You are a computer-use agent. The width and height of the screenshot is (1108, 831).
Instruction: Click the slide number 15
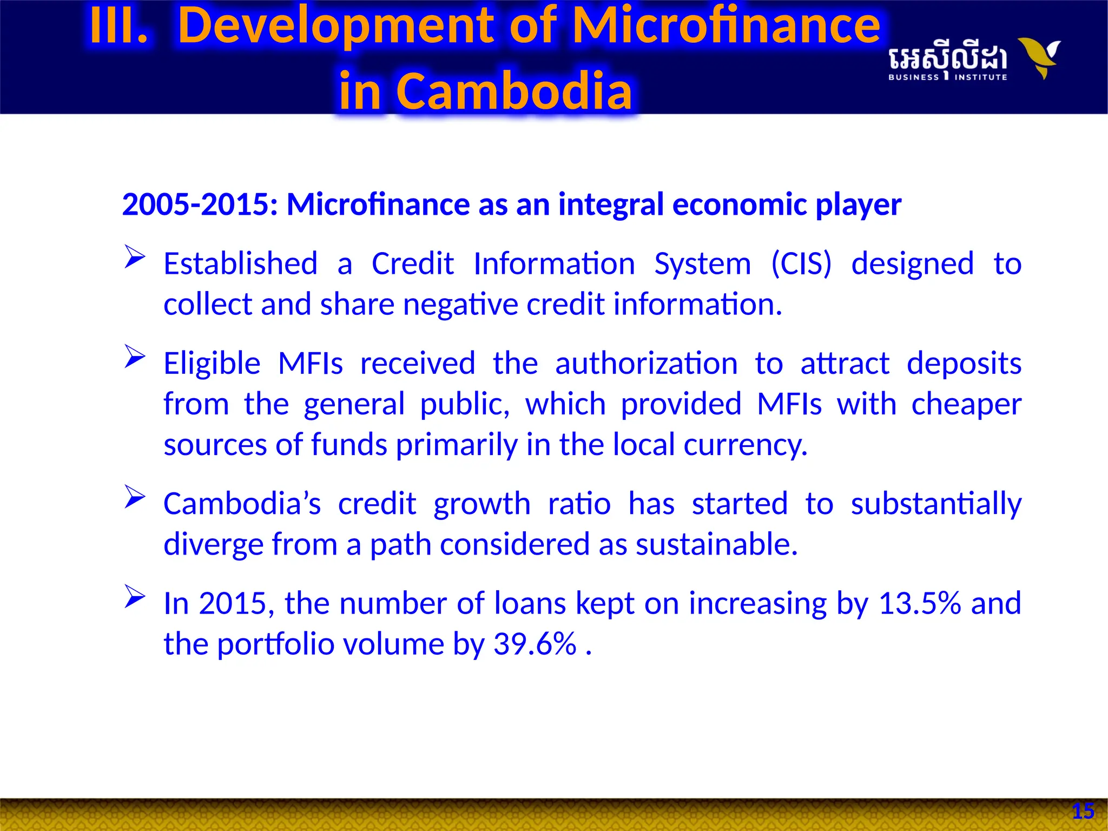click(x=1083, y=811)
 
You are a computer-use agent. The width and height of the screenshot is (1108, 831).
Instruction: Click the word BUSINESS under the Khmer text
click(x=913, y=77)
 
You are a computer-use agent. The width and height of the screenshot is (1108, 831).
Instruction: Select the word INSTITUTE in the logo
click(x=980, y=77)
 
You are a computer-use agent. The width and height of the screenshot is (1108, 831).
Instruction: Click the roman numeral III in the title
click(x=118, y=26)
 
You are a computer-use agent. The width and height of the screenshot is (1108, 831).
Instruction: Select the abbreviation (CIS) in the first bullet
click(x=801, y=264)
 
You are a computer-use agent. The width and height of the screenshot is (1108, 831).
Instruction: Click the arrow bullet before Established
click(x=134, y=256)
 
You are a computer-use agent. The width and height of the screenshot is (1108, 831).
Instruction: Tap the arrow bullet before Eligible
click(x=134, y=356)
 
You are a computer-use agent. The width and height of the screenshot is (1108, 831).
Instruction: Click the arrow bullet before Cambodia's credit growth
click(x=134, y=497)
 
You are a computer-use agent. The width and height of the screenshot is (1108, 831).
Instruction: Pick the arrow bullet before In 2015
click(x=134, y=596)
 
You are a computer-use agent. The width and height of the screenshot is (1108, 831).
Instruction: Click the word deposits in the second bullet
click(x=964, y=363)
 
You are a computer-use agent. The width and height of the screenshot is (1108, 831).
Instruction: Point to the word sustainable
click(x=716, y=544)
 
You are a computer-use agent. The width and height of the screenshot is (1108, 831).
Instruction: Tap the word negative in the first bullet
click(x=460, y=305)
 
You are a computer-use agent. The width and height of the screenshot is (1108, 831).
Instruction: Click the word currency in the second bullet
click(x=745, y=445)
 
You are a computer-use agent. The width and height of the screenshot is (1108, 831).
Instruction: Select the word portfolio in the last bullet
click(x=276, y=644)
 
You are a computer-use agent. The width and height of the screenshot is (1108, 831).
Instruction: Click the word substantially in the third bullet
click(x=935, y=504)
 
